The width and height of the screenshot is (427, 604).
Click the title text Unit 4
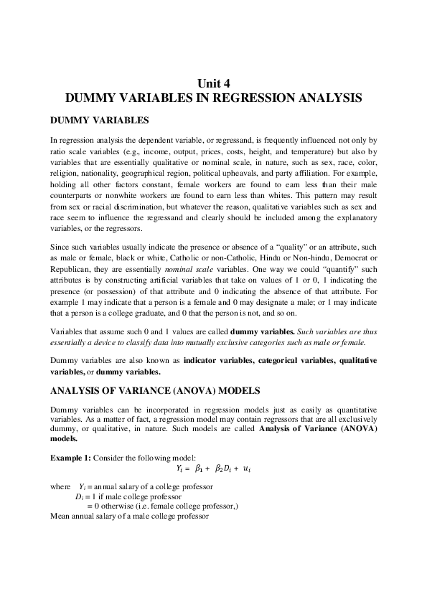click(x=212, y=82)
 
